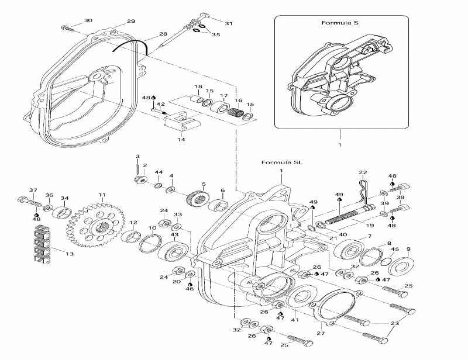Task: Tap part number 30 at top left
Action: coord(88,20)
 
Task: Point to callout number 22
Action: coord(363,172)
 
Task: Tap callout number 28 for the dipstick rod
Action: coord(163,34)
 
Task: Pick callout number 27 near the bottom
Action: coord(320,333)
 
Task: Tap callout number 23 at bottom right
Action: coord(395,323)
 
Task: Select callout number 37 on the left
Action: coord(33,191)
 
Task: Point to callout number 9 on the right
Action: coord(408,249)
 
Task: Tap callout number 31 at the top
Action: coord(228,23)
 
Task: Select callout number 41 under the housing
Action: coord(294,320)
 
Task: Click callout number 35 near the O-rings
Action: coord(216,35)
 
